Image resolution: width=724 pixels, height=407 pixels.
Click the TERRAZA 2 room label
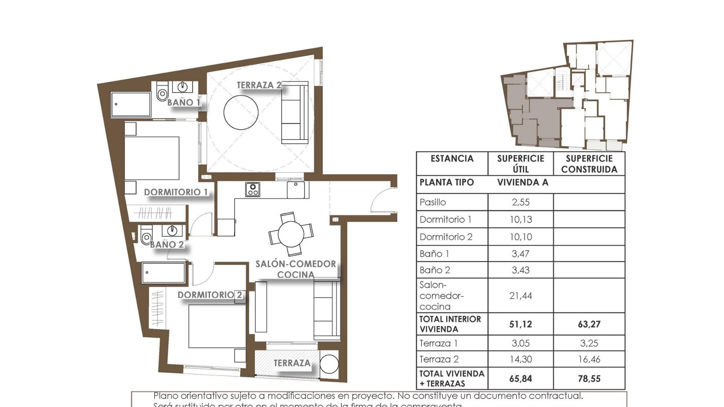pos(259,86)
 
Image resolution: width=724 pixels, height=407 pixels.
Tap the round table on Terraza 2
pos(241,112)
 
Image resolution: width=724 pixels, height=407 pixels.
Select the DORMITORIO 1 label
pos(176,192)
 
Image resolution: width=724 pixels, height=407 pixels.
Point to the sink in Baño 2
pos(172,230)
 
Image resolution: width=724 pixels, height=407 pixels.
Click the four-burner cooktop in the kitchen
pos(253,190)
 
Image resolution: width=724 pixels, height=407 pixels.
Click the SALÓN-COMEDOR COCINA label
pos(296,269)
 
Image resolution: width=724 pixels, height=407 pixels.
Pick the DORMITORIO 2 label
pos(210,295)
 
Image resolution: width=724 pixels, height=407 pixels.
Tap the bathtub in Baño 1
pos(131,104)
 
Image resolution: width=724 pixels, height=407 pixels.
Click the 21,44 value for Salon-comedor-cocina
pos(520,296)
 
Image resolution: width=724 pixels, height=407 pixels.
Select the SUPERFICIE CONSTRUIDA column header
pos(589,164)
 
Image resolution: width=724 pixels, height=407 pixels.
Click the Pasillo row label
pos(433,202)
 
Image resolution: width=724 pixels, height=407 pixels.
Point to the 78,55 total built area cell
pos(589,379)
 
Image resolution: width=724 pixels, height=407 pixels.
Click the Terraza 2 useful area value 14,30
pos(520,360)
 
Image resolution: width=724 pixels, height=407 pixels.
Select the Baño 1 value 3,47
pos(520,254)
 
